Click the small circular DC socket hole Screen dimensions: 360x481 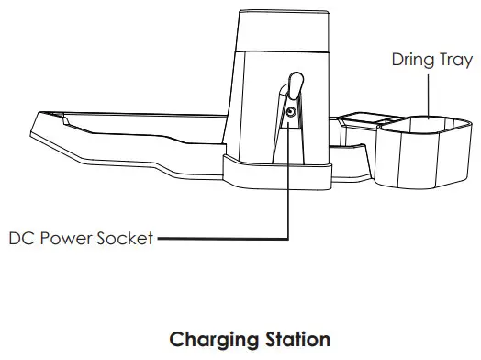point(290,111)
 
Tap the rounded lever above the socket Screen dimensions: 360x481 point(294,87)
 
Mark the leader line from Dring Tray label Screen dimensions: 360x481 point(429,92)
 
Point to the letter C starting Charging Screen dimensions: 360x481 point(177,340)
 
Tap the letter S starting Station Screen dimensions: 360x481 point(263,340)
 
